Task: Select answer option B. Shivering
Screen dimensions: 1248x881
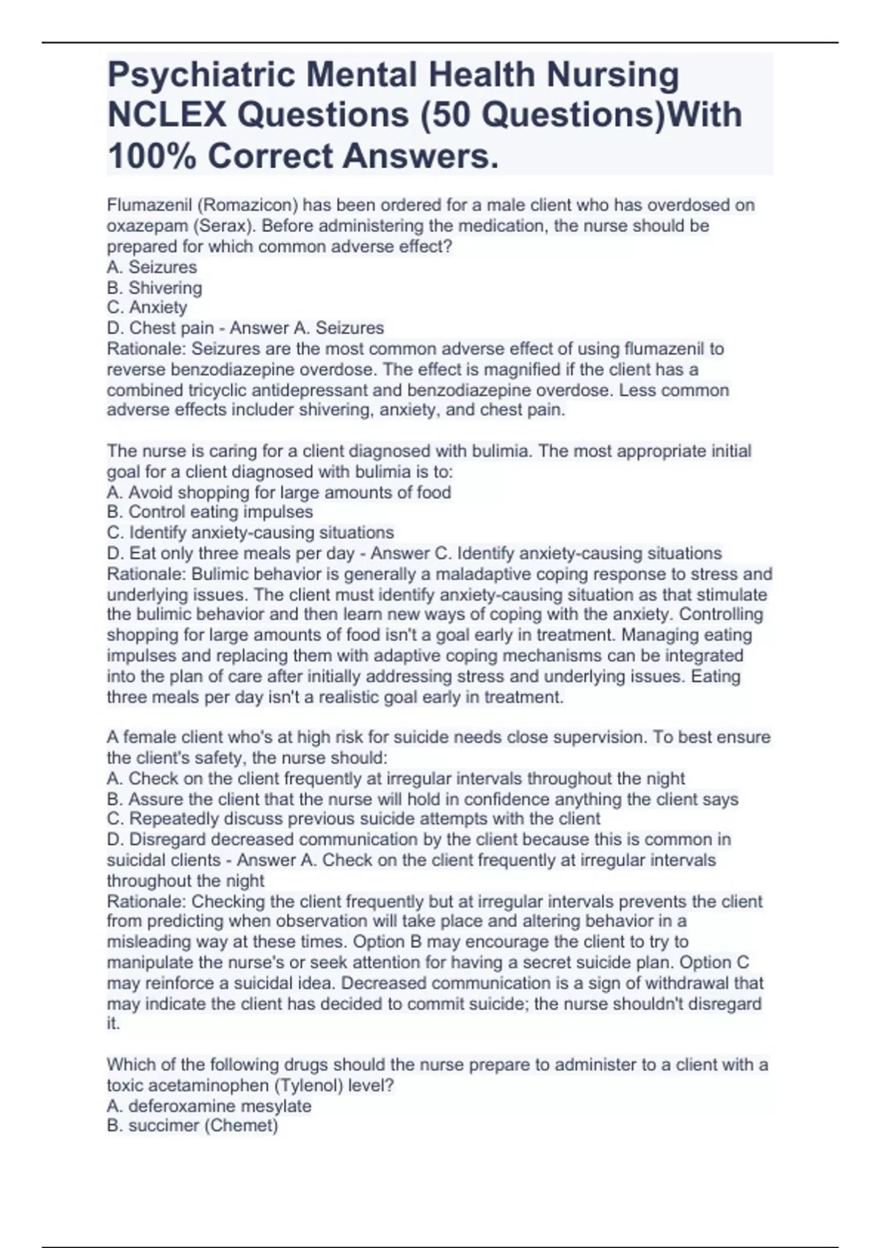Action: [154, 288]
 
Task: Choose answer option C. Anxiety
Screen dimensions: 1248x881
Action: [147, 308]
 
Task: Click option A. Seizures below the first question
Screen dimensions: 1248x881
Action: [152, 267]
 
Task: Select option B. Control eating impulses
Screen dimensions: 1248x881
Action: [210, 512]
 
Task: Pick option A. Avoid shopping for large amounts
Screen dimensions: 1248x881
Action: [279, 492]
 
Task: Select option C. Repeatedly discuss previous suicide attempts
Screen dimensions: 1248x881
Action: [353, 819]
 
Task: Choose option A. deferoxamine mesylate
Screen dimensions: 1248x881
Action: [209, 1106]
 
